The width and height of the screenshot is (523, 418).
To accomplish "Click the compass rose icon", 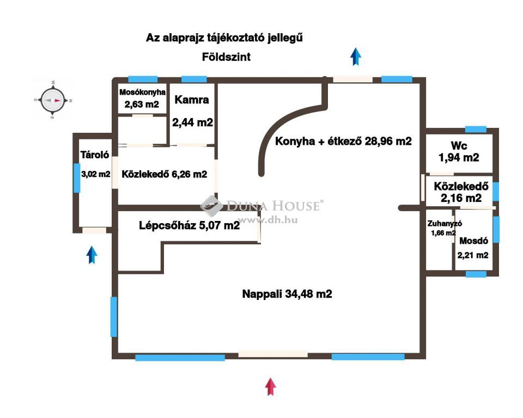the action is pyautogui.click(x=53, y=100).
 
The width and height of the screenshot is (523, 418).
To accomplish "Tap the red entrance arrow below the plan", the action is pyautogui.click(x=271, y=386).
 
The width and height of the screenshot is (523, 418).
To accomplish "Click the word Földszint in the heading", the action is pyautogui.click(x=226, y=57).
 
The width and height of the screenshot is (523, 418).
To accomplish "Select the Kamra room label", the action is pyautogui.click(x=192, y=100).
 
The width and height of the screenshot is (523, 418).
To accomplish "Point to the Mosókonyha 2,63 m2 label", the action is pyautogui.click(x=142, y=99).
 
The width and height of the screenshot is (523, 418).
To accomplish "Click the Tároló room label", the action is pyautogui.click(x=95, y=155).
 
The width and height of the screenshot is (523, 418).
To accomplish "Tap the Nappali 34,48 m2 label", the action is pyautogui.click(x=287, y=294).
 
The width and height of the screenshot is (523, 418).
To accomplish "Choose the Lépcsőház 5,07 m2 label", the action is pyautogui.click(x=189, y=225).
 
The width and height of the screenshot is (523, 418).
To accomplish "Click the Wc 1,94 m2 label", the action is pyautogui.click(x=459, y=152).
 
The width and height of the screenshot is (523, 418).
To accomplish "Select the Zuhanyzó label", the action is pyautogui.click(x=445, y=224).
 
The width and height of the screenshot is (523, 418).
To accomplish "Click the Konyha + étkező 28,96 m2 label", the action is pyautogui.click(x=343, y=142).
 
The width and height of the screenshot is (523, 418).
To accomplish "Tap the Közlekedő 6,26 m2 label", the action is pyautogui.click(x=164, y=174).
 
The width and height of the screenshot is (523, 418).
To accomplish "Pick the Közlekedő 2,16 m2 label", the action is pyautogui.click(x=461, y=192).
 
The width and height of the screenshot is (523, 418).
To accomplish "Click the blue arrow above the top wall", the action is pyautogui.click(x=356, y=57).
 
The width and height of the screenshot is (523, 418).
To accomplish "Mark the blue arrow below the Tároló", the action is pyautogui.click(x=92, y=255).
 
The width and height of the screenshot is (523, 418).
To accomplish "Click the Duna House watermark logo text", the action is pyautogui.click(x=273, y=206).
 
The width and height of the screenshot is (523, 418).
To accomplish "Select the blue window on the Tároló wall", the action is pyautogui.click(x=77, y=177).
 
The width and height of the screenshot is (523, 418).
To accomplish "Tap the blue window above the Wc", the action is pyautogui.click(x=476, y=130).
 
